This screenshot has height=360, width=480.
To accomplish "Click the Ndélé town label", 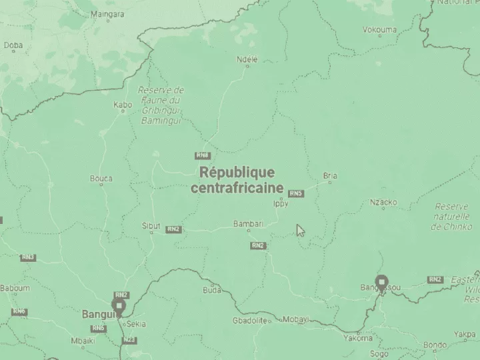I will (247, 59).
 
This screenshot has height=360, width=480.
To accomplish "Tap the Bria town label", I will (330, 176).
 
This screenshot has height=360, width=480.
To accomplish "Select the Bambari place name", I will (248, 223).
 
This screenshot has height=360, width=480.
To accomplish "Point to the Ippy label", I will (281, 205).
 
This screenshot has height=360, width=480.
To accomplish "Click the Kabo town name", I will (123, 105).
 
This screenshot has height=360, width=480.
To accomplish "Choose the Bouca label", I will (101, 178).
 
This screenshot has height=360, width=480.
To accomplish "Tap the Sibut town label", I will (151, 226).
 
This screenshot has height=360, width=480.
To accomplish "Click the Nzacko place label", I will (383, 202).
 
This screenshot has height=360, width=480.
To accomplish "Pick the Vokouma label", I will (379, 29).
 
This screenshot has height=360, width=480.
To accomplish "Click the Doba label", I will (13, 45).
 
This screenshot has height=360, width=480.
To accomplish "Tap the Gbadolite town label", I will (250, 321).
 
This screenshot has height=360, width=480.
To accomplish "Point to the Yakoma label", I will (358, 338).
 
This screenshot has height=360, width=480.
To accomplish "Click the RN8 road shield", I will (203, 155).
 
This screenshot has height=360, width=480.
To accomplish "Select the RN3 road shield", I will (28, 257).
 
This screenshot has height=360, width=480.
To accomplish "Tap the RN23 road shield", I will (129, 340).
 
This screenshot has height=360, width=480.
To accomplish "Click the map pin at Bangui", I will (119, 306).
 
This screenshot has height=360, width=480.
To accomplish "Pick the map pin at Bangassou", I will (381, 282).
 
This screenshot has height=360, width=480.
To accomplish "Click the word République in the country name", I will (237, 172).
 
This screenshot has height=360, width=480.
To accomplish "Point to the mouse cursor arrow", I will (300, 230).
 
